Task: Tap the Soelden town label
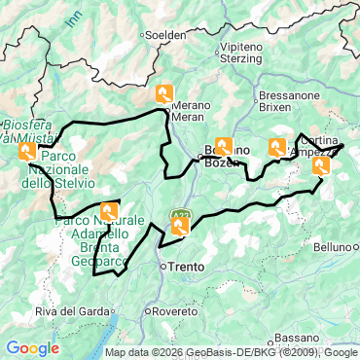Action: (166, 34)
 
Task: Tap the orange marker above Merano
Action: (164, 93)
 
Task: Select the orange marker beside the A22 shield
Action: (180, 227)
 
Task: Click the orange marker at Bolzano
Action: (224, 147)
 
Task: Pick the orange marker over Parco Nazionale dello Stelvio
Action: (27, 151)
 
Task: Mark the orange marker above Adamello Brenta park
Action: (109, 210)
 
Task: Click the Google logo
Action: (32, 347)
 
